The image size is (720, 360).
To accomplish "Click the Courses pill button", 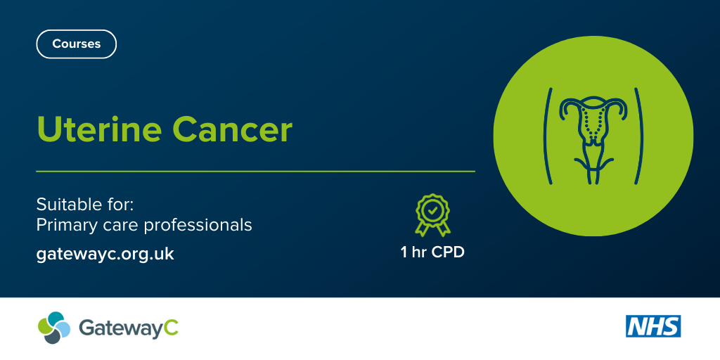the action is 76,44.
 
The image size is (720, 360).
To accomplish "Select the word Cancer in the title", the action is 232,129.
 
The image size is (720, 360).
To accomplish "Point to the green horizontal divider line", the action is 255,172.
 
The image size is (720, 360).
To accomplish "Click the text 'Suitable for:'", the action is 84,205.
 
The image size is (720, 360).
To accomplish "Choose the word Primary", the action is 66,226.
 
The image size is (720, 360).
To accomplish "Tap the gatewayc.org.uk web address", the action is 105,254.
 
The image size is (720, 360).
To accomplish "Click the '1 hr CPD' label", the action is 432,252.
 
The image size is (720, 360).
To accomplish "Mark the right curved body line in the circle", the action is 638,136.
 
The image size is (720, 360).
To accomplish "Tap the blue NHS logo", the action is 653,326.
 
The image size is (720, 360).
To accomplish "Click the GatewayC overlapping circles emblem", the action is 54,328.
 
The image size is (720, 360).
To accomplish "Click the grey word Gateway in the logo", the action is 120,330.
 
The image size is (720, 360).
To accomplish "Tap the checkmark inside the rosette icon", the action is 432,211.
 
